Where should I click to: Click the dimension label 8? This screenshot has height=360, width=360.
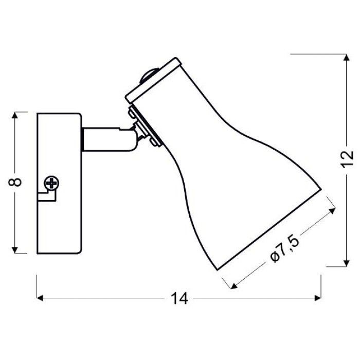[15, 182]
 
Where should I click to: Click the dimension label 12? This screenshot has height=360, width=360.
[347, 159]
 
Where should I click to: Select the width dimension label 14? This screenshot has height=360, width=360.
[179, 298]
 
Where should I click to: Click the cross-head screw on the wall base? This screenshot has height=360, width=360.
[51, 183]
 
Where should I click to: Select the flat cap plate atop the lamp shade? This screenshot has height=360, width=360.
[153, 80]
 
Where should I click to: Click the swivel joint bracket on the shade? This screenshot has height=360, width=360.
[145, 127]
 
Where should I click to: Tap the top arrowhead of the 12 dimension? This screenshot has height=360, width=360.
[347, 58]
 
